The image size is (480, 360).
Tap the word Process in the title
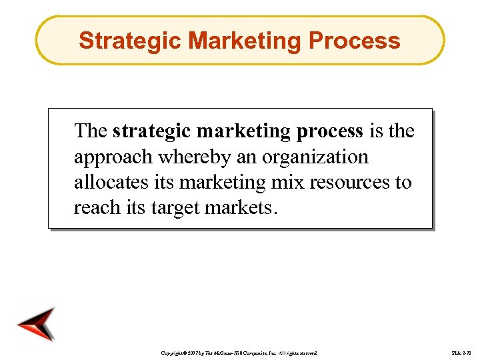[x=355, y=41]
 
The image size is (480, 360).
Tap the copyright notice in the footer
[x=240, y=351]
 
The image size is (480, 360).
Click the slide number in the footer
[x=461, y=351]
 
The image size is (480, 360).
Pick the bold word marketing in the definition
[x=239, y=131]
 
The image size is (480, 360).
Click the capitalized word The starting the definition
[x=91, y=131]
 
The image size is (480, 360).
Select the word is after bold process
[x=377, y=131]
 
